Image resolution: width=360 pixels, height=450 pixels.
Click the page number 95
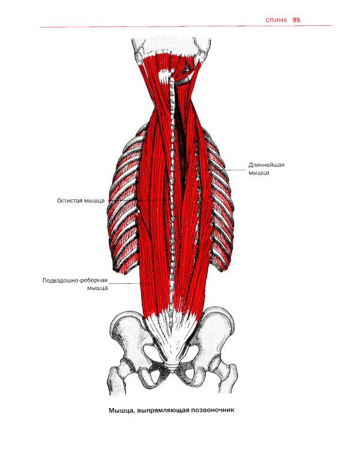pos(296,20)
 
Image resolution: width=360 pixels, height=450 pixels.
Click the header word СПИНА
pos(276,20)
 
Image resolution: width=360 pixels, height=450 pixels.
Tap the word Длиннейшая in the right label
pos(266,165)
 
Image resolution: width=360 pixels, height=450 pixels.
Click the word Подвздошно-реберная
pos(75,280)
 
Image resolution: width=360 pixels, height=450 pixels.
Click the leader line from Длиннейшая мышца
pos(225,170)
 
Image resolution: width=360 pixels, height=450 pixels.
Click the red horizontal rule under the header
pos(187,26)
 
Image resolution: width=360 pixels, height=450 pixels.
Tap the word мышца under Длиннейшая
pos(259,173)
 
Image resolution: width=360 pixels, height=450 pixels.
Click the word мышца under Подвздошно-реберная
pos(97,288)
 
